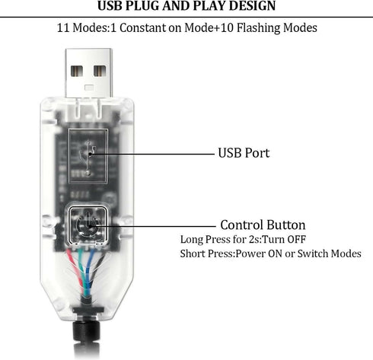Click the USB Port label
[244, 153]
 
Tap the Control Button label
[263, 225]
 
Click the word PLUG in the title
[142, 6]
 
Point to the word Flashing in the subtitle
[258, 28]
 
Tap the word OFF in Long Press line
[296, 239]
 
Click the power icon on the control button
[87, 225]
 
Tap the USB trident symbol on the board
[88, 158]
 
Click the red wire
[75, 269]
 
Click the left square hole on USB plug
[77, 72]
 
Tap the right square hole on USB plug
[100, 72]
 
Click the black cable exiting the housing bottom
[87, 340]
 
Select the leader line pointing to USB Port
[151, 154]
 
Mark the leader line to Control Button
[152, 226]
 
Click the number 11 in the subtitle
[63, 28]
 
